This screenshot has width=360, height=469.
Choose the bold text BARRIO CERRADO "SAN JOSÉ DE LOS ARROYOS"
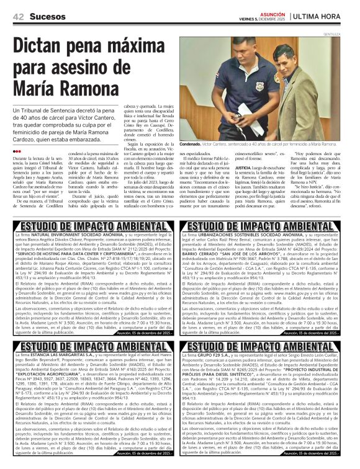tap(234, 252)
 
